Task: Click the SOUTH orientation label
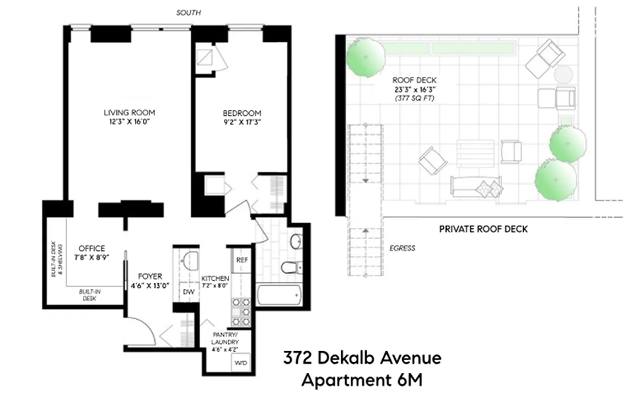point(189,13)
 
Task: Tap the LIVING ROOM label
point(129,112)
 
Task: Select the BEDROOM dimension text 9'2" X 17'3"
point(241,122)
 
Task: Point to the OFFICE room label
point(92,248)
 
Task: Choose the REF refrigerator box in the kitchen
point(241,260)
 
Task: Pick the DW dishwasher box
point(189,293)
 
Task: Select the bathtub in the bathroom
point(279,295)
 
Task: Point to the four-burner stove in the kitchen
point(241,311)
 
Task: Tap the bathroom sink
point(296,241)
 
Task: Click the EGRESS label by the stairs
point(403,248)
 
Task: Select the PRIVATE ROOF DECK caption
point(483,229)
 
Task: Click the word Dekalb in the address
point(348,358)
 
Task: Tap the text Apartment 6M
point(361,380)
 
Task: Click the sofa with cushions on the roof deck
point(476,186)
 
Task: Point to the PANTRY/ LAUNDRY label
point(224,338)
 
